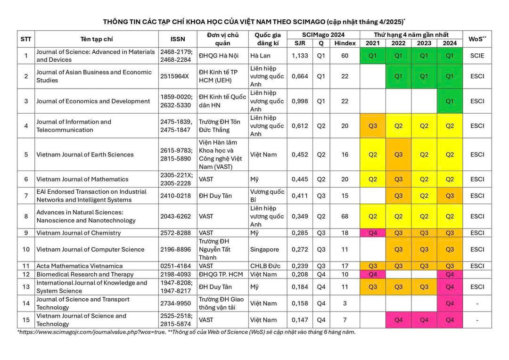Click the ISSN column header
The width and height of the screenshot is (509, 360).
(178, 39)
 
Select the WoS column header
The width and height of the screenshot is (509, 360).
(477, 39)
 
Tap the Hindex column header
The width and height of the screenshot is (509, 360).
(345, 43)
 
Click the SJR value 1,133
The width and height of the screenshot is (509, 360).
(300, 56)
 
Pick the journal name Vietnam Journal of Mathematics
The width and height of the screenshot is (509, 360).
(82, 179)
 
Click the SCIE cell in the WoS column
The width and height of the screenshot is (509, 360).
(477, 56)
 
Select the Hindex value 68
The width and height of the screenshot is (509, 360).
(345, 216)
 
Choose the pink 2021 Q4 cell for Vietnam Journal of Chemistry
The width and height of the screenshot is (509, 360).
(372, 233)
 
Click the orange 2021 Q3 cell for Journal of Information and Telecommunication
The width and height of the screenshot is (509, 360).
(372, 126)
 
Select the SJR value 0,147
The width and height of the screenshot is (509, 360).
(300, 320)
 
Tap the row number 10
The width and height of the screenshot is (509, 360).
(26, 249)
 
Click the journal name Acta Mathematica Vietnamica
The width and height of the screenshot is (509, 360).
(79, 266)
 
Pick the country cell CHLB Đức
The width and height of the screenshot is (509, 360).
(265, 266)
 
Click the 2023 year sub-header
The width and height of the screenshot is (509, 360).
(424, 43)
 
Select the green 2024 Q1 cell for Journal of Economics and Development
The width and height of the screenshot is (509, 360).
(450, 101)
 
